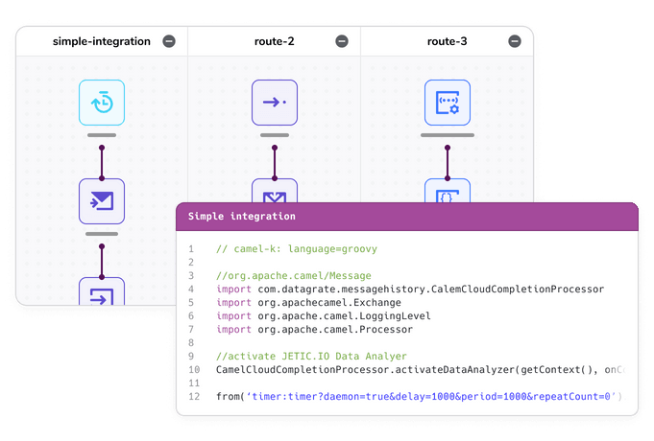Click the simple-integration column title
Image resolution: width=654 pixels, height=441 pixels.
tap(102, 41)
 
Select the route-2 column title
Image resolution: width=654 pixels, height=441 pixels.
tap(274, 41)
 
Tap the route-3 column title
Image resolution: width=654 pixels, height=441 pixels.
tap(447, 41)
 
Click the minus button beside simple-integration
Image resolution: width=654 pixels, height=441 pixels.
tap(169, 41)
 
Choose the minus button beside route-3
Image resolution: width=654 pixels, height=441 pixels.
tap(515, 41)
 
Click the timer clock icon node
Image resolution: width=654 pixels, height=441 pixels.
tap(102, 103)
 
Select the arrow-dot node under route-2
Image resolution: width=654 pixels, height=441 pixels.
tap(275, 103)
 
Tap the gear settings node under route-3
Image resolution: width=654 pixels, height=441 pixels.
tap(448, 103)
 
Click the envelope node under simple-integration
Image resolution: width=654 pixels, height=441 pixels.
tap(102, 201)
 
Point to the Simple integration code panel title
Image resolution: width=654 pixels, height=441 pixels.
tap(242, 217)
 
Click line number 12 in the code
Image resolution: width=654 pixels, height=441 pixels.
tap(194, 397)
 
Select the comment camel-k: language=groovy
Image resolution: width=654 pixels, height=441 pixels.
tap(297, 249)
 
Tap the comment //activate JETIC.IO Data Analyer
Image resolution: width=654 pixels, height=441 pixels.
tap(312, 357)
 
